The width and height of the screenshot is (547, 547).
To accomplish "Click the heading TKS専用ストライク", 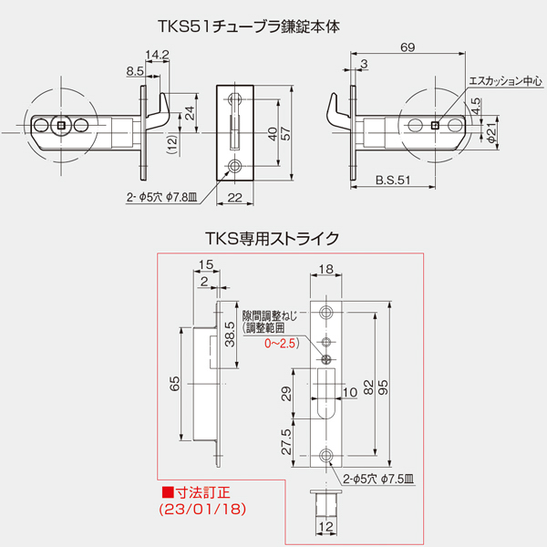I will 274,240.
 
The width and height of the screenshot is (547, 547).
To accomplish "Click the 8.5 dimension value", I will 135,69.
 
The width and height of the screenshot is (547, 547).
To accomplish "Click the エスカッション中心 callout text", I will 505,82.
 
